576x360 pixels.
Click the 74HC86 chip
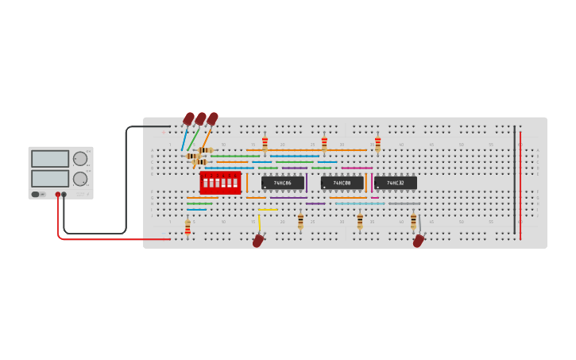pyautogui.click(x=283, y=183)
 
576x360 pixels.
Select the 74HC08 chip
pyautogui.click(x=342, y=183)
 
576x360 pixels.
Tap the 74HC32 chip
pyautogui.click(x=395, y=183)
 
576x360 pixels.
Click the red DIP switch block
pyautogui.click(x=220, y=183)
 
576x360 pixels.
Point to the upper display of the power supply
pyautogui.click(x=50, y=158)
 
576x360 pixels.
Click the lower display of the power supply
pyautogui.click(x=50, y=178)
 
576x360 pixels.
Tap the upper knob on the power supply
pyautogui.click(x=80, y=158)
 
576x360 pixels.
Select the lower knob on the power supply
pyautogui.click(x=80, y=179)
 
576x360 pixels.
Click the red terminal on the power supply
pyautogui.click(x=58, y=194)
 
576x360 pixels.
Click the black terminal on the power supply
pyautogui.click(x=64, y=194)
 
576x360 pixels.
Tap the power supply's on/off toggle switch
pyautogui.click(x=36, y=194)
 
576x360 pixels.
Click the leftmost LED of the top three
pyautogui.click(x=189, y=119)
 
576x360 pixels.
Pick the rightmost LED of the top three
pyautogui.click(x=212, y=119)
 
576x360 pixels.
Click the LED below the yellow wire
pyautogui.click(x=258, y=240)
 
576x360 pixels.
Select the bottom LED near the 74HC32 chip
pyautogui.click(x=419, y=240)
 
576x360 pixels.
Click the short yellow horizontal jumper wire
pyautogui.click(x=268, y=210)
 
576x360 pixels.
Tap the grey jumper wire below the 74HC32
pyautogui.click(x=404, y=203)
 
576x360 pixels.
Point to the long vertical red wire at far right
pyautogui.click(x=520, y=183)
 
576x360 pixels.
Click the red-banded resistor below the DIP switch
pyautogui.click(x=187, y=227)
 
